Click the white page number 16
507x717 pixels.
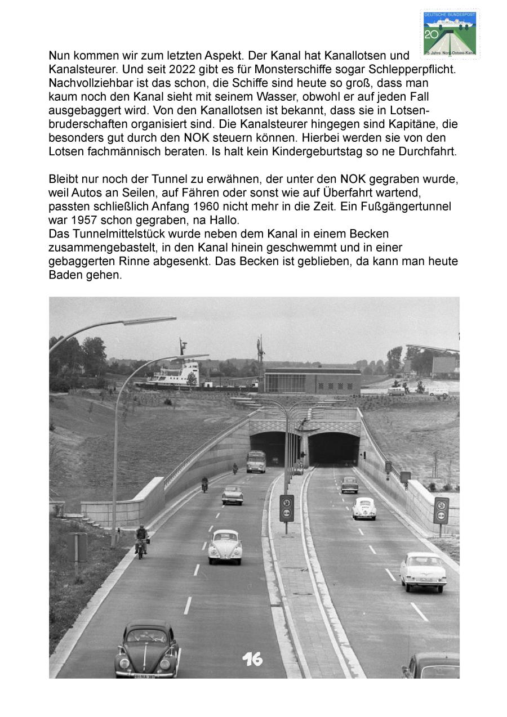point(252,659)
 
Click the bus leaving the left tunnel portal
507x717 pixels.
point(256,461)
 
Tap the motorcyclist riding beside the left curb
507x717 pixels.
point(141,541)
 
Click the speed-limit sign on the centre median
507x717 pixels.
point(287,507)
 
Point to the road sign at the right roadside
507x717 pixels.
point(441,510)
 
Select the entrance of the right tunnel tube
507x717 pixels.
point(333,448)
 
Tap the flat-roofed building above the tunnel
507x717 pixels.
point(313,381)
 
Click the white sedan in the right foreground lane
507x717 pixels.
point(423,571)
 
